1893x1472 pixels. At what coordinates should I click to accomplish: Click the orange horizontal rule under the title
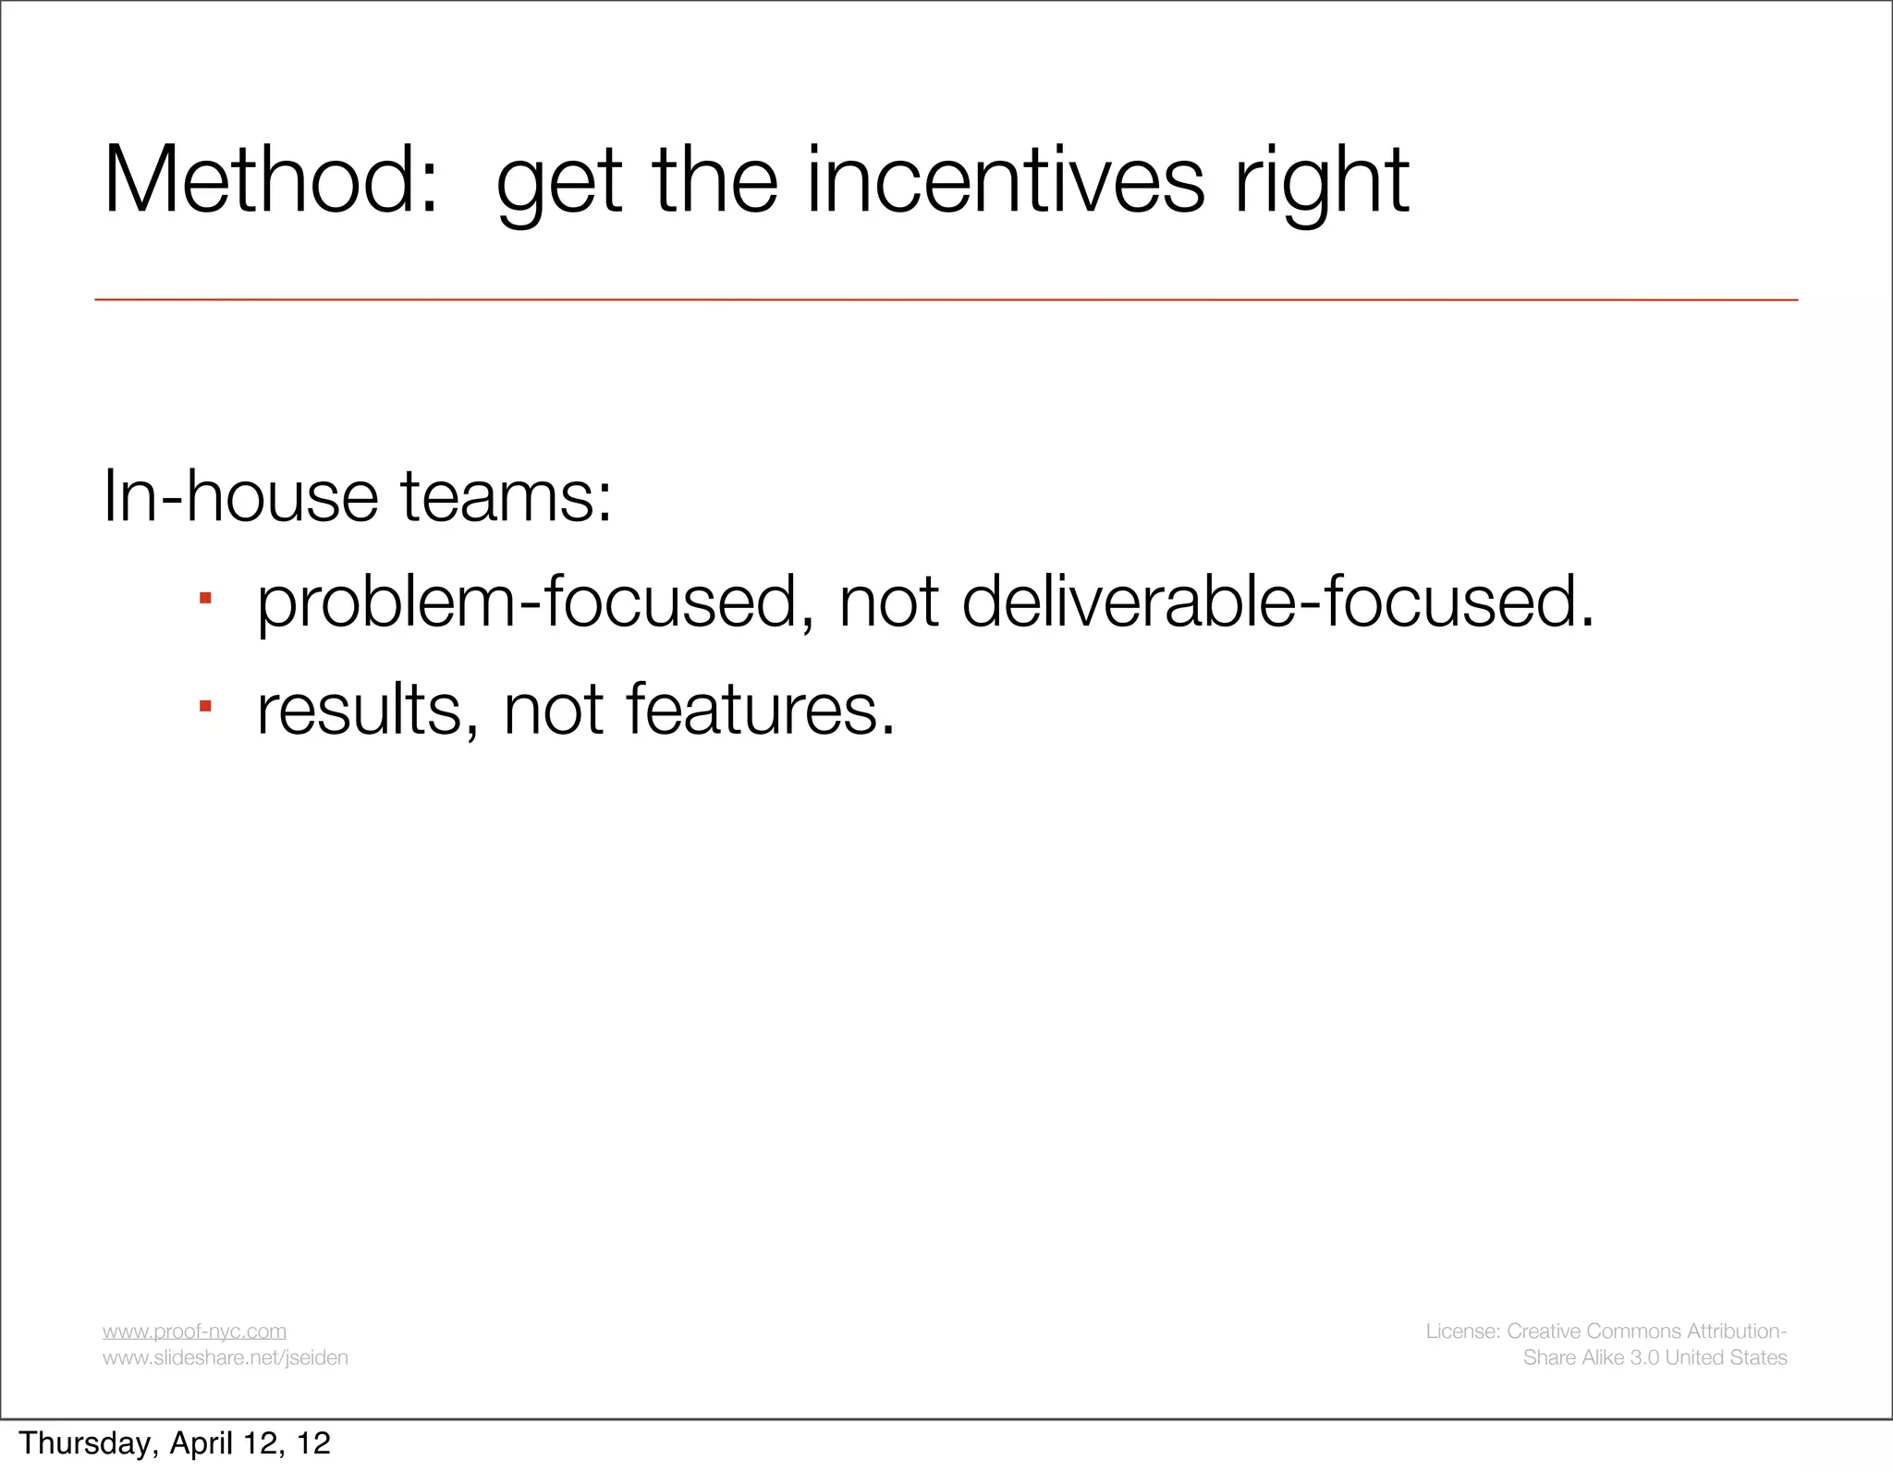coord(946,299)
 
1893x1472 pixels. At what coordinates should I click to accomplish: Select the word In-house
coord(240,496)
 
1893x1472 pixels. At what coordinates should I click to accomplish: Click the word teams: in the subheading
coord(506,496)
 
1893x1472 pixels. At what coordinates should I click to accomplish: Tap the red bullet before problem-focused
coord(205,600)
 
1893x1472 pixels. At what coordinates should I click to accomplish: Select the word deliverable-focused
coord(1278,602)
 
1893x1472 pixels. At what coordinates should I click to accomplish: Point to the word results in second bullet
coord(367,710)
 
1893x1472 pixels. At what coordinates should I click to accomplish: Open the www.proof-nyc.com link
coord(194,1331)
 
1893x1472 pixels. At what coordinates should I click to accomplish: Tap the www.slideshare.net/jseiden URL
coord(226,1357)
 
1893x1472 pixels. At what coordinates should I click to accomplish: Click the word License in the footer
coord(1462,1331)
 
